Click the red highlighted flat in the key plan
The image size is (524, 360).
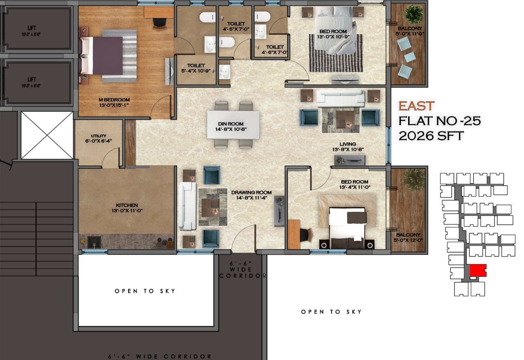pos(478,270)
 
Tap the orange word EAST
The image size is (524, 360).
pos(416,106)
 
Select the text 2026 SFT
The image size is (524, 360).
pos(431,136)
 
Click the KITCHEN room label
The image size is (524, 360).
pos(127,208)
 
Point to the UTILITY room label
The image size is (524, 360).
pos(99,138)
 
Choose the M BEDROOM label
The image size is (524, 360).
pos(114,102)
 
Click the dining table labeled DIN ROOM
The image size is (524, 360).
pos(233,125)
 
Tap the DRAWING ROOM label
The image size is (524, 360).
pos(251,195)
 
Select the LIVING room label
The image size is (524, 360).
pos(348,147)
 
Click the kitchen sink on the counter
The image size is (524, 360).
pos(94,242)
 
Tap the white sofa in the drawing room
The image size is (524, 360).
pos(187,206)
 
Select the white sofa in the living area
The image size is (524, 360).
pos(341,98)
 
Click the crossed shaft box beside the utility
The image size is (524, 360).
pos(47,135)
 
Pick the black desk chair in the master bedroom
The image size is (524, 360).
pos(160,23)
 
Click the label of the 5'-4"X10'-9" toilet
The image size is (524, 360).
pos(196,68)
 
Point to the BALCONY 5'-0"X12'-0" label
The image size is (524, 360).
pos(408,237)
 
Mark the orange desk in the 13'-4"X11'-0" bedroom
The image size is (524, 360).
pos(294,234)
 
